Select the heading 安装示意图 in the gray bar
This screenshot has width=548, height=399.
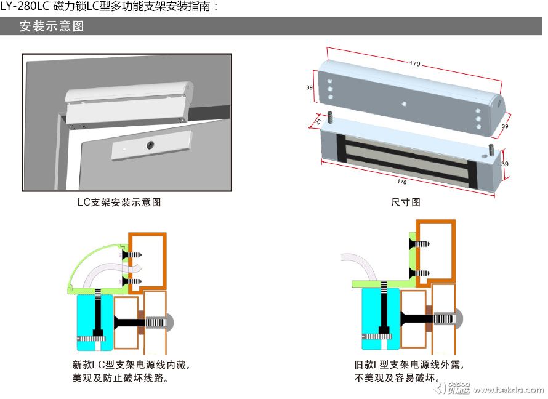click(51, 26)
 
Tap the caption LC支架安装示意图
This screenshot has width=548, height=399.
click(119, 202)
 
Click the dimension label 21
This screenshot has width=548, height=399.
click(318, 122)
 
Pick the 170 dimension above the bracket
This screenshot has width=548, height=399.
click(414, 63)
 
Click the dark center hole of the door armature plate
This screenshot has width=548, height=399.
click(150, 145)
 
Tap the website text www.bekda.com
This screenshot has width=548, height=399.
click(509, 390)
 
